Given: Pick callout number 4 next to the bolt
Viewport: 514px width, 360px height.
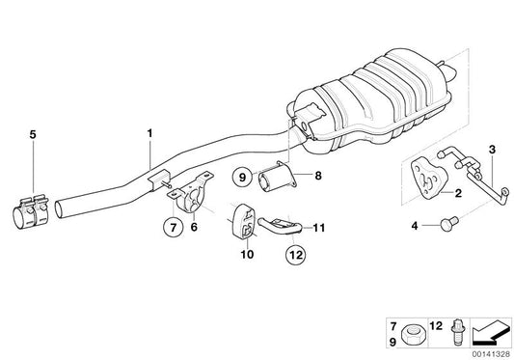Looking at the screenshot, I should [x=417, y=227].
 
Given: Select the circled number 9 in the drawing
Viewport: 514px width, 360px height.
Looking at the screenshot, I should [x=243, y=177].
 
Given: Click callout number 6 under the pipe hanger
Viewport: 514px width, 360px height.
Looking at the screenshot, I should [x=194, y=227].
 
